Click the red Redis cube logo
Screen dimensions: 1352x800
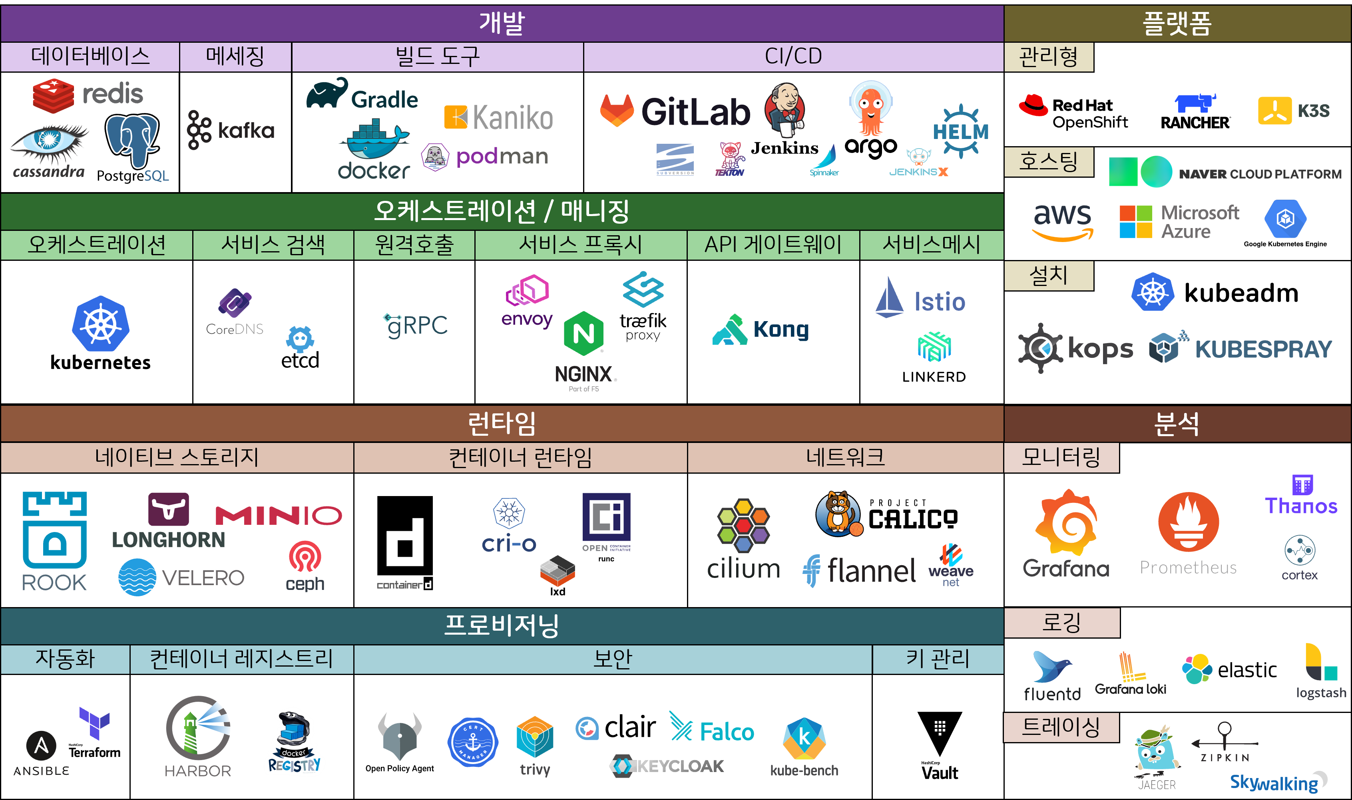coord(53,95)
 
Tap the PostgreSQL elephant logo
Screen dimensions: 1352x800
coord(132,141)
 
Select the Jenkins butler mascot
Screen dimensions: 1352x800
coord(785,109)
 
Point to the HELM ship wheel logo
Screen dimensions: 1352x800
coord(960,131)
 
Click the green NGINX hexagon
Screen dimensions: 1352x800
coord(583,333)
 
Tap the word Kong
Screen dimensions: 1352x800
coord(781,330)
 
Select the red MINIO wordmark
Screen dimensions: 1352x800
coord(278,515)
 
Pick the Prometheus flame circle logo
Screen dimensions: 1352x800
coord(1188,522)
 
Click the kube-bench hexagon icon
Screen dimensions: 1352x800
coord(804,738)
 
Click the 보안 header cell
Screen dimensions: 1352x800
coord(613,659)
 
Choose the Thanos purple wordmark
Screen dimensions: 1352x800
coord(1301,506)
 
